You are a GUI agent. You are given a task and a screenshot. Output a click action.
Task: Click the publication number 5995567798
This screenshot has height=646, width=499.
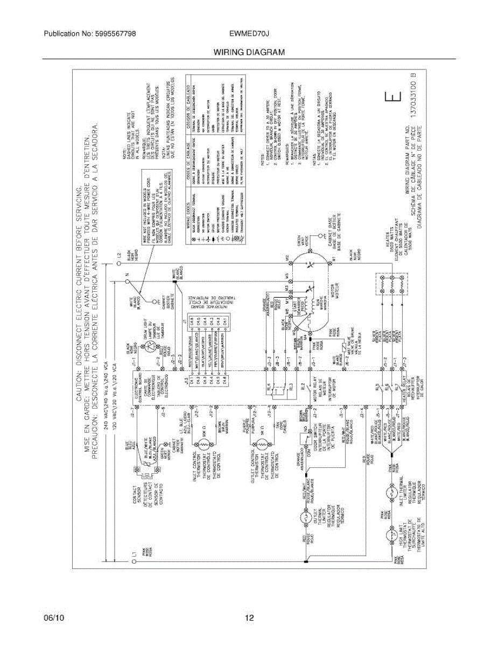114,34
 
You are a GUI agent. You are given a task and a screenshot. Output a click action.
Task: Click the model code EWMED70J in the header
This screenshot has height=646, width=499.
249,34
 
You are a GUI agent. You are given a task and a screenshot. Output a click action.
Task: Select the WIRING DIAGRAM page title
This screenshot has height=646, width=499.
249,52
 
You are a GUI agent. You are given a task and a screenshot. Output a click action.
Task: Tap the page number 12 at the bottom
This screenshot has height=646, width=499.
249,618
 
